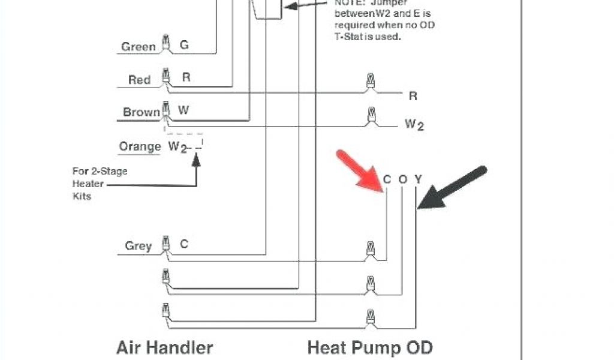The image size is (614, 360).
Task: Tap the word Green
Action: [139, 47]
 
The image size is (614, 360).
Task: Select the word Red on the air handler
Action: [139, 80]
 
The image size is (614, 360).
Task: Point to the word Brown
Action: [142, 112]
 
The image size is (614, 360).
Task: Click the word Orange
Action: [140, 146]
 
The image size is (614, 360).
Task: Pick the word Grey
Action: [138, 246]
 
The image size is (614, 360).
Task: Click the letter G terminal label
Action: [184, 45]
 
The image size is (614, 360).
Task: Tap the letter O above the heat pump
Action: [402, 179]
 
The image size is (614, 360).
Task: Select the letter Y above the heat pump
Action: [418, 179]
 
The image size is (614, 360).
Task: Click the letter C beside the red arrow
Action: [387, 179]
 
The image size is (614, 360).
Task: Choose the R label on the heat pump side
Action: [413, 96]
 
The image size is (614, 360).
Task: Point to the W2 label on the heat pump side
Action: [414, 124]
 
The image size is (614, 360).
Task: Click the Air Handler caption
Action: [164, 347]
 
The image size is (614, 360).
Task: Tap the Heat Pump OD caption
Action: [369, 347]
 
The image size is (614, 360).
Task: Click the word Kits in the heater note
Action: [82, 196]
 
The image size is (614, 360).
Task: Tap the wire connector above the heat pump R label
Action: [370, 81]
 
